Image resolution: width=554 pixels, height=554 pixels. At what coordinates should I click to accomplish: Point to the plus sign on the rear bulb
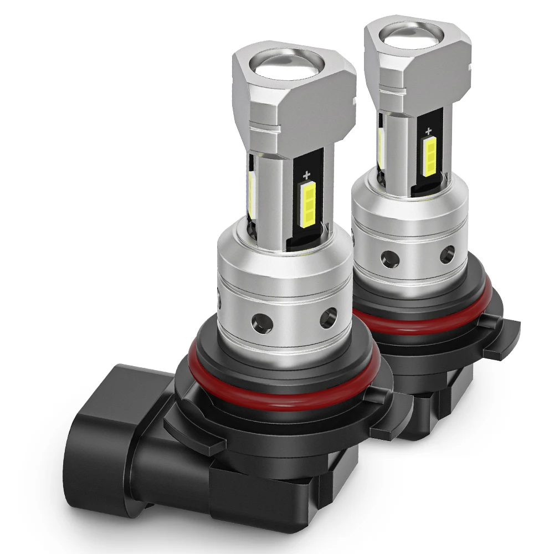tap(428, 131)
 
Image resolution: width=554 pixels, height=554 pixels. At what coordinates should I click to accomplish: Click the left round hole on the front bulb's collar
tap(259, 320)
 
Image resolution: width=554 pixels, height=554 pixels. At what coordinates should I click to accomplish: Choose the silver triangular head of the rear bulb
tap(438, 72)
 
